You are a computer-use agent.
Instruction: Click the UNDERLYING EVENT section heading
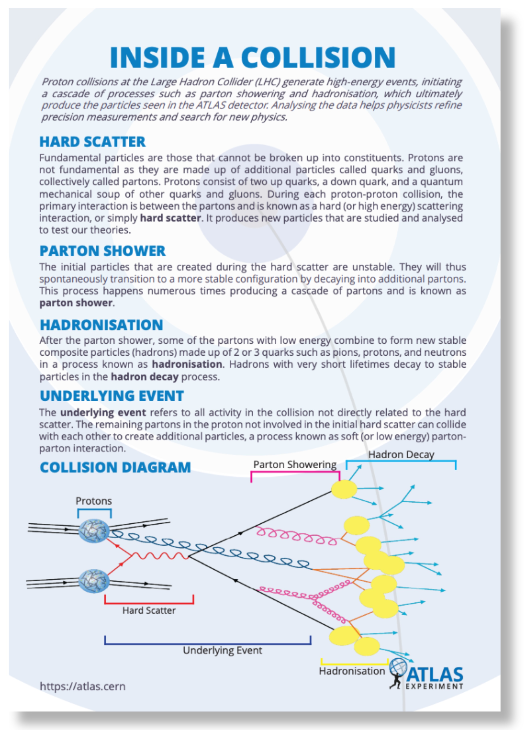pyautogui.click(x=112, y=396)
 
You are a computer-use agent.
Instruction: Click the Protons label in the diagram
pyautogui.click(x=93, y=501)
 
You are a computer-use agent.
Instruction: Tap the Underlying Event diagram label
pyautogui.click(x=222, y=650)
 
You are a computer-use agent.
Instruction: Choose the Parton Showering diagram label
pyautogui.click(x=295, y=465)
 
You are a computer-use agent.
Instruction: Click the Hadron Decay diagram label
pyautogui.click(x=401, y=455)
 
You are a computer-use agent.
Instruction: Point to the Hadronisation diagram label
pyautogui.click(x=352, y=671)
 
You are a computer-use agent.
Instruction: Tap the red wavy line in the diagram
pyautogui.click(x=160, y=556)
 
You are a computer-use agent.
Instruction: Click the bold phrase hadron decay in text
pyautogui.click(x=145, y=377)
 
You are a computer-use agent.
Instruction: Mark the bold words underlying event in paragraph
pyautogui.click(x=103, y=412)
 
